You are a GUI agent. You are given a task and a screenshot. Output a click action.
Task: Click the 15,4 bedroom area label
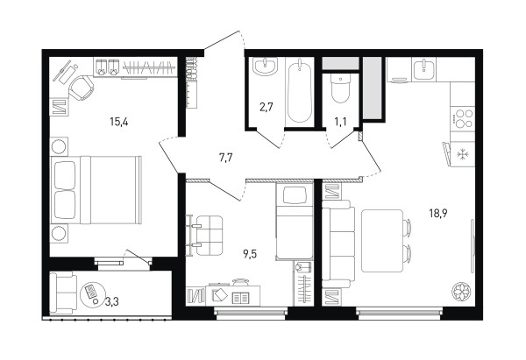coord(119,122)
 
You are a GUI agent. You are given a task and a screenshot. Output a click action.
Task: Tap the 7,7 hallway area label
coord(226,158)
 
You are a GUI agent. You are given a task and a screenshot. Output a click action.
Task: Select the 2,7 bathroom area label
coord(267,108)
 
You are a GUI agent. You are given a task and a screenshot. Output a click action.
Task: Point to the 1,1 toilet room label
coord(340,122)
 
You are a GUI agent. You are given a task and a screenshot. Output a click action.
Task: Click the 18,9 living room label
coord(439,213)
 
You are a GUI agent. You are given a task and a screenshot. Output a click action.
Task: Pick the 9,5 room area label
coord(250,255)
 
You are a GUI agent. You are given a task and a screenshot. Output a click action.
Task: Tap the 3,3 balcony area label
coord(111,302)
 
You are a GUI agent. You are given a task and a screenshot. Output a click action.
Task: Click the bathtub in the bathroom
coord(300,91)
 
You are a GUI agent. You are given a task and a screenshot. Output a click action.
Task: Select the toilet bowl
coord(340,88)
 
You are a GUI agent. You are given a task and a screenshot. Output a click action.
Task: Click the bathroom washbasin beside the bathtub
coord(266,66)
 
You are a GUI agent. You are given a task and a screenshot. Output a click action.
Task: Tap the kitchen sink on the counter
coord(424,68)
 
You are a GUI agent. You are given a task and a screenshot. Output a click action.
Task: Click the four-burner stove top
coord(462,118)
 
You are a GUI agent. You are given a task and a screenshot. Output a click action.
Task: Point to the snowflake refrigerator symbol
coord(463,154)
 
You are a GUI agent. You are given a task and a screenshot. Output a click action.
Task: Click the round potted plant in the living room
coord(461,291)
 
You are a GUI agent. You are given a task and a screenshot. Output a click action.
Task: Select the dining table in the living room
coord(382,241)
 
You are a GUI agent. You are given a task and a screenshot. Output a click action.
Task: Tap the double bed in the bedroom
coord(96,190)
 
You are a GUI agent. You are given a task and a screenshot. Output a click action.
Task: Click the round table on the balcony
coord(93,293)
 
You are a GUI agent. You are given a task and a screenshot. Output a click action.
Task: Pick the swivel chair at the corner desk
coord(82,88)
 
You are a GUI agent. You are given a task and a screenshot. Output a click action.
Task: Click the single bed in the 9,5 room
coord(295,222)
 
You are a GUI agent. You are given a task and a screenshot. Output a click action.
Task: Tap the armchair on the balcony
coord(62,293)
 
